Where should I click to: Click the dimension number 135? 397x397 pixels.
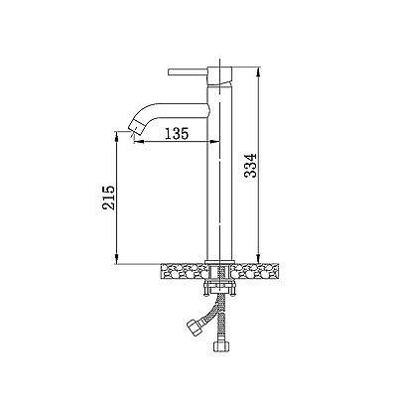tap(177, 133)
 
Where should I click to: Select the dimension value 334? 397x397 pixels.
tap(251, 165)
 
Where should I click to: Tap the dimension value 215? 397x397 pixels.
tap(108, 198)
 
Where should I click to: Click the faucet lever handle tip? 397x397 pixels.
tap(170, 72)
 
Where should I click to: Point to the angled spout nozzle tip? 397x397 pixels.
tap(135, 128)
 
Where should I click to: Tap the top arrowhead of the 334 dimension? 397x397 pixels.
tap(259, 72)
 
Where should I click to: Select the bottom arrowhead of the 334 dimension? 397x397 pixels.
tap(259, 257)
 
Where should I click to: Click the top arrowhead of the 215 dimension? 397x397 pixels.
tap(116, 136)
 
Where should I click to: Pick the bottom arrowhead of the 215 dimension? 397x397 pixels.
tap(116, 260)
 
